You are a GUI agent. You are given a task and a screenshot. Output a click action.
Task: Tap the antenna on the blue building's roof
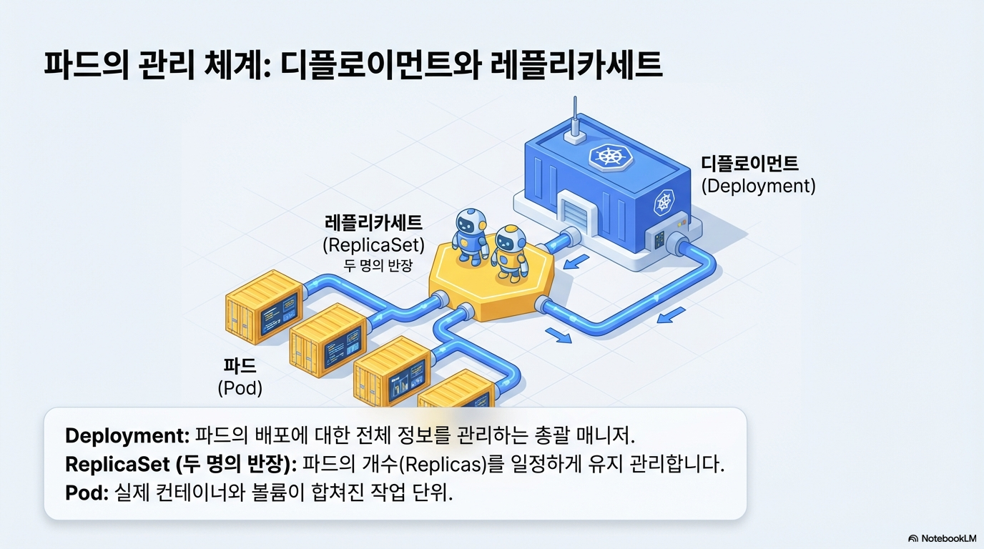pos(573,121)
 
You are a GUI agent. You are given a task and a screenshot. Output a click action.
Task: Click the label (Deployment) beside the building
pos(758,186)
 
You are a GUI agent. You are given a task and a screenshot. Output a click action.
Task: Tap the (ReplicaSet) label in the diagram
pos(373,245)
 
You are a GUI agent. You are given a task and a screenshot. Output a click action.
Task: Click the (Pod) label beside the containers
pos(240,388)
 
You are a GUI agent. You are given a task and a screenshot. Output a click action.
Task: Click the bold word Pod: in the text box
pos(87,493)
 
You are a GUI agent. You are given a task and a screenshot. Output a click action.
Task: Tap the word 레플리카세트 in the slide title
pos(578,66)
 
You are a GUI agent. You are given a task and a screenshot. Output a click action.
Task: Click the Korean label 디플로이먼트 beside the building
pos(749,164)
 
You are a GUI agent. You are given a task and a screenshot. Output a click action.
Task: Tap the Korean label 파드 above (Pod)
pos(240,367)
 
